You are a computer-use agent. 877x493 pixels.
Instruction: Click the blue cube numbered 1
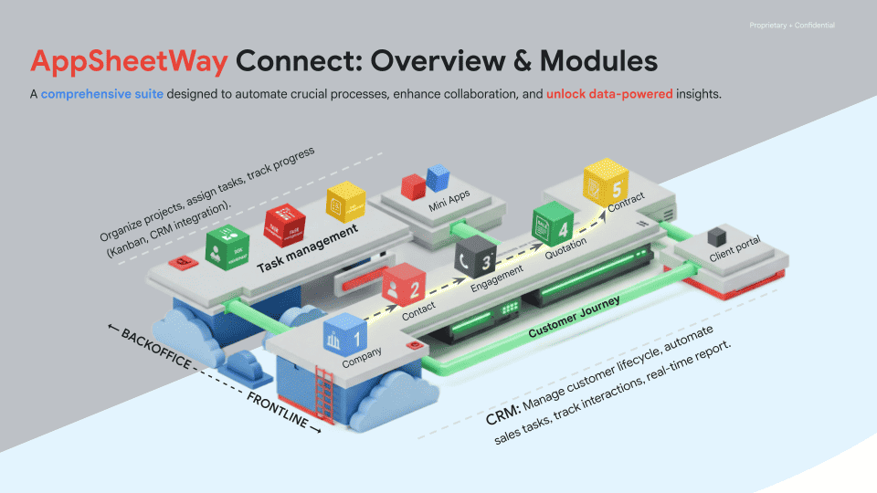[x=343, y=331]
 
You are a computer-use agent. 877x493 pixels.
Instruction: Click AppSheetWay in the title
[x=128, y=61]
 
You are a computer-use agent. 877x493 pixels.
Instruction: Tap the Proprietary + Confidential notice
[x=791, y=25]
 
